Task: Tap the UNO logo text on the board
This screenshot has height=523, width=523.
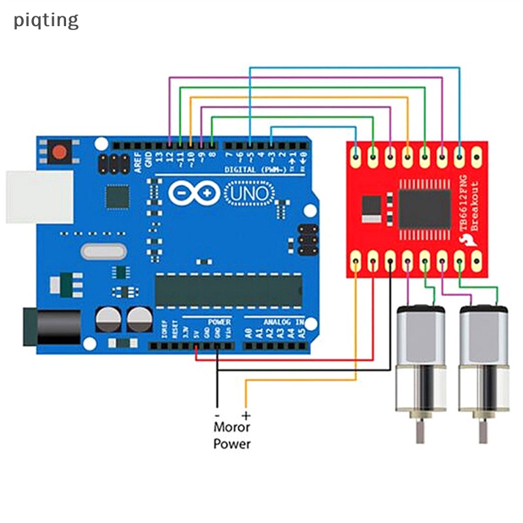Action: click(247, 193)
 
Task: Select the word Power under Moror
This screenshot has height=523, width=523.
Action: click(231, 444)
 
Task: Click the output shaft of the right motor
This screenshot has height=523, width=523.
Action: click(482, 432)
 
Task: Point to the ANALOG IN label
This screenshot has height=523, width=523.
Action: click(283, 322)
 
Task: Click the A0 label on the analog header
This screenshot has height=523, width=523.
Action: click(248, 332)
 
